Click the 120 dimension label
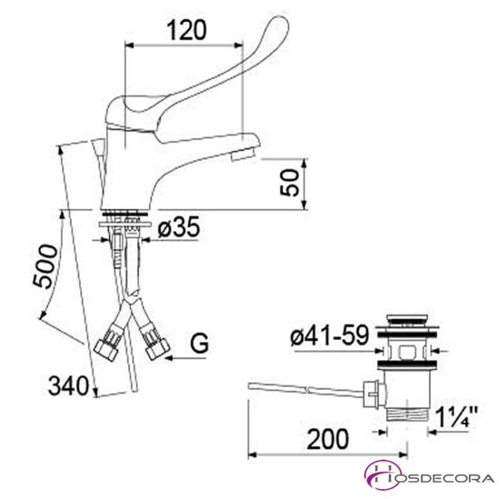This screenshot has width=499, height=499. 187,30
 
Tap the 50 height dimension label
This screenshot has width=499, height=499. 290,182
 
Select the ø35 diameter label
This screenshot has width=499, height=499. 179,227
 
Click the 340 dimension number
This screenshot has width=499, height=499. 68,385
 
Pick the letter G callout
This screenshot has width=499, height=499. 199,344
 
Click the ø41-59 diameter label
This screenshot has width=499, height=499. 330,335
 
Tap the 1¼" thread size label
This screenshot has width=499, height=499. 456,417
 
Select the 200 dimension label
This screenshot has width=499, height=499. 328,439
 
